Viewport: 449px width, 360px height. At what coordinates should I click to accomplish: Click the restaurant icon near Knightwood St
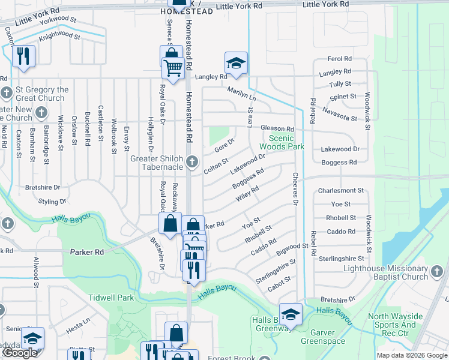23,56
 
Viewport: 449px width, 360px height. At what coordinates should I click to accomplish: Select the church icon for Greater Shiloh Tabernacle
192,160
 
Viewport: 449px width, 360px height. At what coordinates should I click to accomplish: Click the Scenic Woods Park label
282,142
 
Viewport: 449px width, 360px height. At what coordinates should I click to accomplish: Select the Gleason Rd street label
277,129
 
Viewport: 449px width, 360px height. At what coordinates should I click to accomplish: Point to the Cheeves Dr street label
295,188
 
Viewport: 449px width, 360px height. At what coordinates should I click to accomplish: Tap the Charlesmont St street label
341,191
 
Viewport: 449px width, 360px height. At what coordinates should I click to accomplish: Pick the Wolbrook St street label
113,136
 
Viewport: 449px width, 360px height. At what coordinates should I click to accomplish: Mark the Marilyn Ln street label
241,94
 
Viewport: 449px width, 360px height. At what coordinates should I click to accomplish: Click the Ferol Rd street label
339,59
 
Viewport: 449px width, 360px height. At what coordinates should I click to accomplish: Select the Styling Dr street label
52,202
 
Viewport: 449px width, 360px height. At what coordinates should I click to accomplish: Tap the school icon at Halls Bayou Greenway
291,313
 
